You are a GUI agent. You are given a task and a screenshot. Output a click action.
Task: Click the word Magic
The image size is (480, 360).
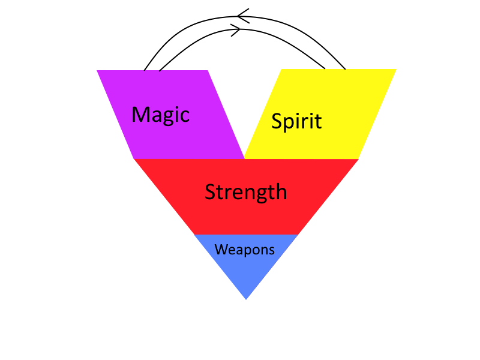(160, 114)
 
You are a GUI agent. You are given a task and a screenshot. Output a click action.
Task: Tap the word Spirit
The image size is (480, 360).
(296, 121)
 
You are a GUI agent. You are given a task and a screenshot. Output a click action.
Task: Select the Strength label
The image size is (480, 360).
(245, 192)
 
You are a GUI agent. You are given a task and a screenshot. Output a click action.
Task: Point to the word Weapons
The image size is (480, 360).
(245, 250)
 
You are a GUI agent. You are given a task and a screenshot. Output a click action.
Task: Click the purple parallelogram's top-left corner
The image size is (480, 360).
(97, 71)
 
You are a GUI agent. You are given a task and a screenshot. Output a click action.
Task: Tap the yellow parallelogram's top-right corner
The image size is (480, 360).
(396, 70)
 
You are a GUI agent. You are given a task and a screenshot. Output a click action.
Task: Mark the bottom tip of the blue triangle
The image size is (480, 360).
(246, 299)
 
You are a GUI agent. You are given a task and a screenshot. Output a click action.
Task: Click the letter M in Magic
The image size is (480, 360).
(140, 114)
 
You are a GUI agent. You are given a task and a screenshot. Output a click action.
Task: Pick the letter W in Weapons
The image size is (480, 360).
(221, 250)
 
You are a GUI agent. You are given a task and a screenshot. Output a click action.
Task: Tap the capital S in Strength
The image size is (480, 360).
(210, 192)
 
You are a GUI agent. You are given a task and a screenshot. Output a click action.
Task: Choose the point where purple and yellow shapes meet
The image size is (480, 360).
(244, 158)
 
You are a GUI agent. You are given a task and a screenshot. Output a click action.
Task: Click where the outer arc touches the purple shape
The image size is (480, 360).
(145, 70)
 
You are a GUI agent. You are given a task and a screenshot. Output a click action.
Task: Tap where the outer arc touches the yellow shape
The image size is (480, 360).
(346, 70)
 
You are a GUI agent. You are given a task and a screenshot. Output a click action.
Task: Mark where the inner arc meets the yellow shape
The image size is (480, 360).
(325, 70)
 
